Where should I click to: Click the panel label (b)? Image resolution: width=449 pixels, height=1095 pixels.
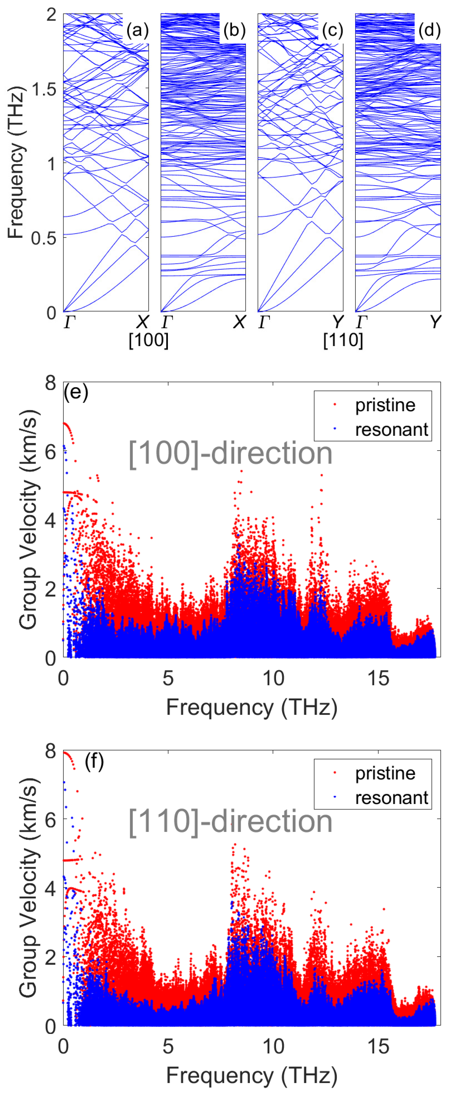point(234,31)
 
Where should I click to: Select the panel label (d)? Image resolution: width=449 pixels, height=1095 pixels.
point(429,31)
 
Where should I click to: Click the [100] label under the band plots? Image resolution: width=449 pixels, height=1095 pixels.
point(149,340)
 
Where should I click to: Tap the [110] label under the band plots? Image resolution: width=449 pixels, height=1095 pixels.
point(343,340)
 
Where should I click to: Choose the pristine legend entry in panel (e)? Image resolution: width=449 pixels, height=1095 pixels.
point(385,405)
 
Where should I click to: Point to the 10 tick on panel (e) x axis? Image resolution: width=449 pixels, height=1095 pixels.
point(273,678)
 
